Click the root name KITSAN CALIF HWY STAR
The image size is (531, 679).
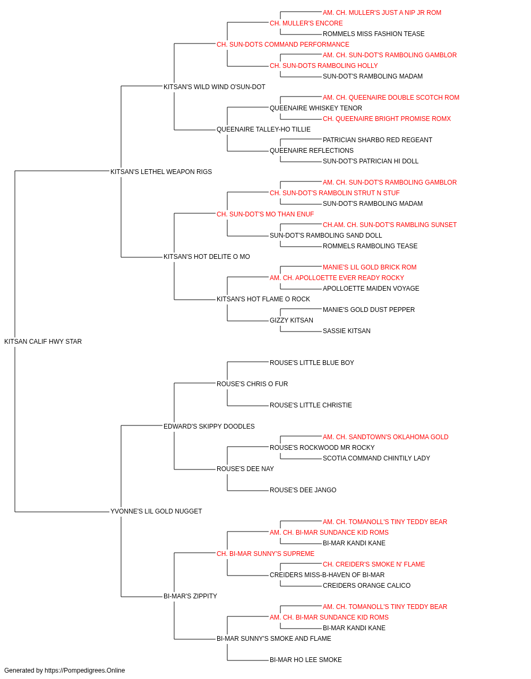coord(43,341)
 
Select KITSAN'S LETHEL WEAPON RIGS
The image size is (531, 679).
coord(161,171)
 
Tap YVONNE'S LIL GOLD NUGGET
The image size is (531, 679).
coord(156,511)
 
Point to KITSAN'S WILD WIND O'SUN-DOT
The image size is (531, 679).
coord(214,87)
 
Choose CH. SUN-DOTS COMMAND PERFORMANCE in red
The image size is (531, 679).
coord(282,45)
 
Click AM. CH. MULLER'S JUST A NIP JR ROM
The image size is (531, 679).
coord(382,13)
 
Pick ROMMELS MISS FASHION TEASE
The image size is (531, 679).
coord(373,34)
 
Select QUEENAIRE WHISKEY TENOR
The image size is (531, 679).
coord(316,108)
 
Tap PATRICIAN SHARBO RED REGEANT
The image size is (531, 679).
coord(378,140)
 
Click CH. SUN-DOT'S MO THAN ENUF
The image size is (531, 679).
coord(265,214)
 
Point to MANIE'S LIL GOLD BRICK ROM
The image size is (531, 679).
coord(370,267)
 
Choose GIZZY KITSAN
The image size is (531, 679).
coord(291,320)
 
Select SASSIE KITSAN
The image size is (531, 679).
coord(347,331)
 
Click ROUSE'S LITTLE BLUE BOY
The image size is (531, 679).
coord(312,362)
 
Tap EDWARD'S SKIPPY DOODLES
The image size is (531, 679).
coord(209,426)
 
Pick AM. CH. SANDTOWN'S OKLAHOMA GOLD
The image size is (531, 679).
coord(386,437)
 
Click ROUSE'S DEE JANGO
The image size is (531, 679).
coord(303,490)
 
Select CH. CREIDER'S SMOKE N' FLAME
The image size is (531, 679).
coord(374,564)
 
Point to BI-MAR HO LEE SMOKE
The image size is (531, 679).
coord(305,659)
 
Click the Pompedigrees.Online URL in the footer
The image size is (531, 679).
coord(84,671)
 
